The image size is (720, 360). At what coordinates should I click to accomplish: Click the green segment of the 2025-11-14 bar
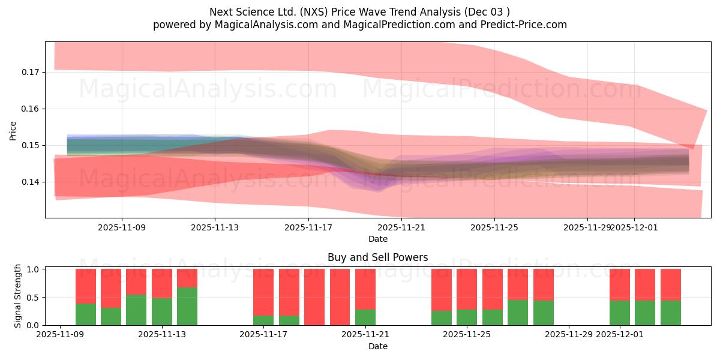point(187,306)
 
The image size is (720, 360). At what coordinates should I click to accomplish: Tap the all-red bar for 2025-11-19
point(314,297)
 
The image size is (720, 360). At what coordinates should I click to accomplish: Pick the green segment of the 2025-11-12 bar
point(136,310)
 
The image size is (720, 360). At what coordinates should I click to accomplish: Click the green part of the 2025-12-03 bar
point(671,313)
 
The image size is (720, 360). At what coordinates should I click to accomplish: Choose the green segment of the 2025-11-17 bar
point(263,320)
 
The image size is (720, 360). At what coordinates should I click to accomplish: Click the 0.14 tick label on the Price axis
point(30,182)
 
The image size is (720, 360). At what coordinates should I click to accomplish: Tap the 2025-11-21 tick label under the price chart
point(401,227)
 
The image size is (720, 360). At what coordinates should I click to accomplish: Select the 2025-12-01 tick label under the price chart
point(635,227)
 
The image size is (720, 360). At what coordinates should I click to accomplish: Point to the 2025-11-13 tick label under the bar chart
point(162,335)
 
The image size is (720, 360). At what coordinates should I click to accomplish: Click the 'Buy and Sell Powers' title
point(377,257)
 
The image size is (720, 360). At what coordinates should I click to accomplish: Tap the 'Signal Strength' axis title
point(18,296)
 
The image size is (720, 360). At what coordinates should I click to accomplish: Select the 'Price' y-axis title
point(13,130)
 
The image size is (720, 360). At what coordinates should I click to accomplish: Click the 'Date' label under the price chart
point(377,239)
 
